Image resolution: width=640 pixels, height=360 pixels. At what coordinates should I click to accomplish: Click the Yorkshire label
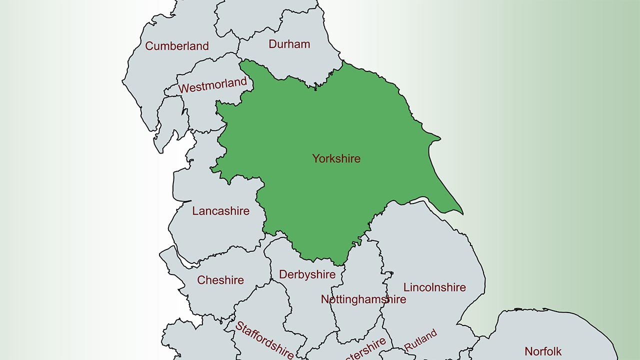pyautogui.click(x=336, y=158)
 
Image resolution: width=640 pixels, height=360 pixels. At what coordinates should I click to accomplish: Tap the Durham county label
pyautogui.click(x=289, y=44)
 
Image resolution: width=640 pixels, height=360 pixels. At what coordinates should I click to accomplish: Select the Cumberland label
pyautogui.click(x=176, y=46)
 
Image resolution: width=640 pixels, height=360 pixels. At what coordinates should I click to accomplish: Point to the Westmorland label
pyautogui.click(x=212, y=85)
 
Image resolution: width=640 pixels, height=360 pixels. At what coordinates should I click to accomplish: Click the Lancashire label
pyautogui.click(x=220, y=211)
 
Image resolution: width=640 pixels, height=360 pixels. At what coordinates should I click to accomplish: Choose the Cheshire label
pyautogui.click(x=220, y=280)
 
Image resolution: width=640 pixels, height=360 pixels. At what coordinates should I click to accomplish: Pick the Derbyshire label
pyautogui.click(x=307, y=274)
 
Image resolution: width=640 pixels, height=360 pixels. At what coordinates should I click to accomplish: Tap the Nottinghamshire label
pyautogui.click(x=363, y=299)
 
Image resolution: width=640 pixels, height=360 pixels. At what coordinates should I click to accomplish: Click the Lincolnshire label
pyautogui.click(x=434, y=287)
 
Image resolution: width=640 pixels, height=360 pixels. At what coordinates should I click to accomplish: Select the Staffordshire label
pyautogui.click(x=264, y=340)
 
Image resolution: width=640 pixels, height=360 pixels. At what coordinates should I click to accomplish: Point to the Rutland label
pyautogui.click(x=420, y=340)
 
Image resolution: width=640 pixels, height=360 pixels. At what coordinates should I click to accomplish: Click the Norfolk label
pyautogui.click(x=543, y=351)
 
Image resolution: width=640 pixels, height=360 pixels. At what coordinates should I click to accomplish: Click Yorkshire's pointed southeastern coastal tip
pyautogui.click(x=462, y=213)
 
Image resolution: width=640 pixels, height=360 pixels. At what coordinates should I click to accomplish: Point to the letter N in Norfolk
pyautogui.click(x=528, y=351)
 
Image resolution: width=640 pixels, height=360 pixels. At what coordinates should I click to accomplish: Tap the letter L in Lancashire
pyautogui.click(x=195, y=211)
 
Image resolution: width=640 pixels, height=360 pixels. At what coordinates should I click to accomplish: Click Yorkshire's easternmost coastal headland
pyautogui.click(x=439, y=137)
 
